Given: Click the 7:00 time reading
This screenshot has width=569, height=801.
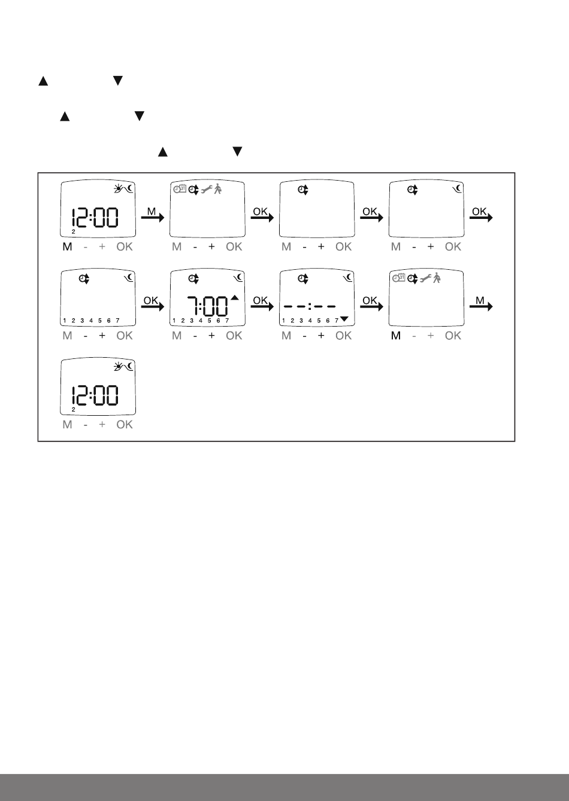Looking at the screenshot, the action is [x=207, y=306].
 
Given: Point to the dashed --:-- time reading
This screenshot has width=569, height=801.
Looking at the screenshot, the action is [x=310, y=306].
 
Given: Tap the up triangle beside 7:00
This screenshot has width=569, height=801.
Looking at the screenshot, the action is [x=234, y=297].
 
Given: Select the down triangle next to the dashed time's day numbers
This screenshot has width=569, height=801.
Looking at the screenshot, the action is [x=344, y=319].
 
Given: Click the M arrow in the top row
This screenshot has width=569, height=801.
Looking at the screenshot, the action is [x=152, y=217].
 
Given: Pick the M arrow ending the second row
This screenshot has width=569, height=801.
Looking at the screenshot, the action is [x=481, y=306].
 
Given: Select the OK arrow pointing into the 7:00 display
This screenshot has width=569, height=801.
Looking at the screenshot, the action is [x=152, y=306].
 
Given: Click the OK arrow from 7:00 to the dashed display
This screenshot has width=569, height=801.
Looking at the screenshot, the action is [x=262, y=306].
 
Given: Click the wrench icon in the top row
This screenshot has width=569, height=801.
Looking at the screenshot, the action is [x=206, y=189].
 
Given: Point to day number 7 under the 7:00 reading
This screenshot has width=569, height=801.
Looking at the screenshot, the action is [x=227, y=321].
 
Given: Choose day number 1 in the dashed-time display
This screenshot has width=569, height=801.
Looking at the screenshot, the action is [x=283, y=321].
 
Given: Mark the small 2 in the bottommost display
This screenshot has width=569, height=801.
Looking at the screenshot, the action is [x=73, y=410].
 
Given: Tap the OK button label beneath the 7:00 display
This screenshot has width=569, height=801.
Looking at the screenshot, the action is [x=234, y=336].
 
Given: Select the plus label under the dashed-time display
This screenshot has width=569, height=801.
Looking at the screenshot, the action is [x=321, y=336].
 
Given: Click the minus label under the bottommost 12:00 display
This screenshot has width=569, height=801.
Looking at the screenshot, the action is [x=86, y=425].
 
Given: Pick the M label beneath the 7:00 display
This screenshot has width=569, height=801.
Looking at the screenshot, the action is [x=177, y=336].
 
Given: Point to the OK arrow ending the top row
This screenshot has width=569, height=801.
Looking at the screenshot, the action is [x=481, y=217].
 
